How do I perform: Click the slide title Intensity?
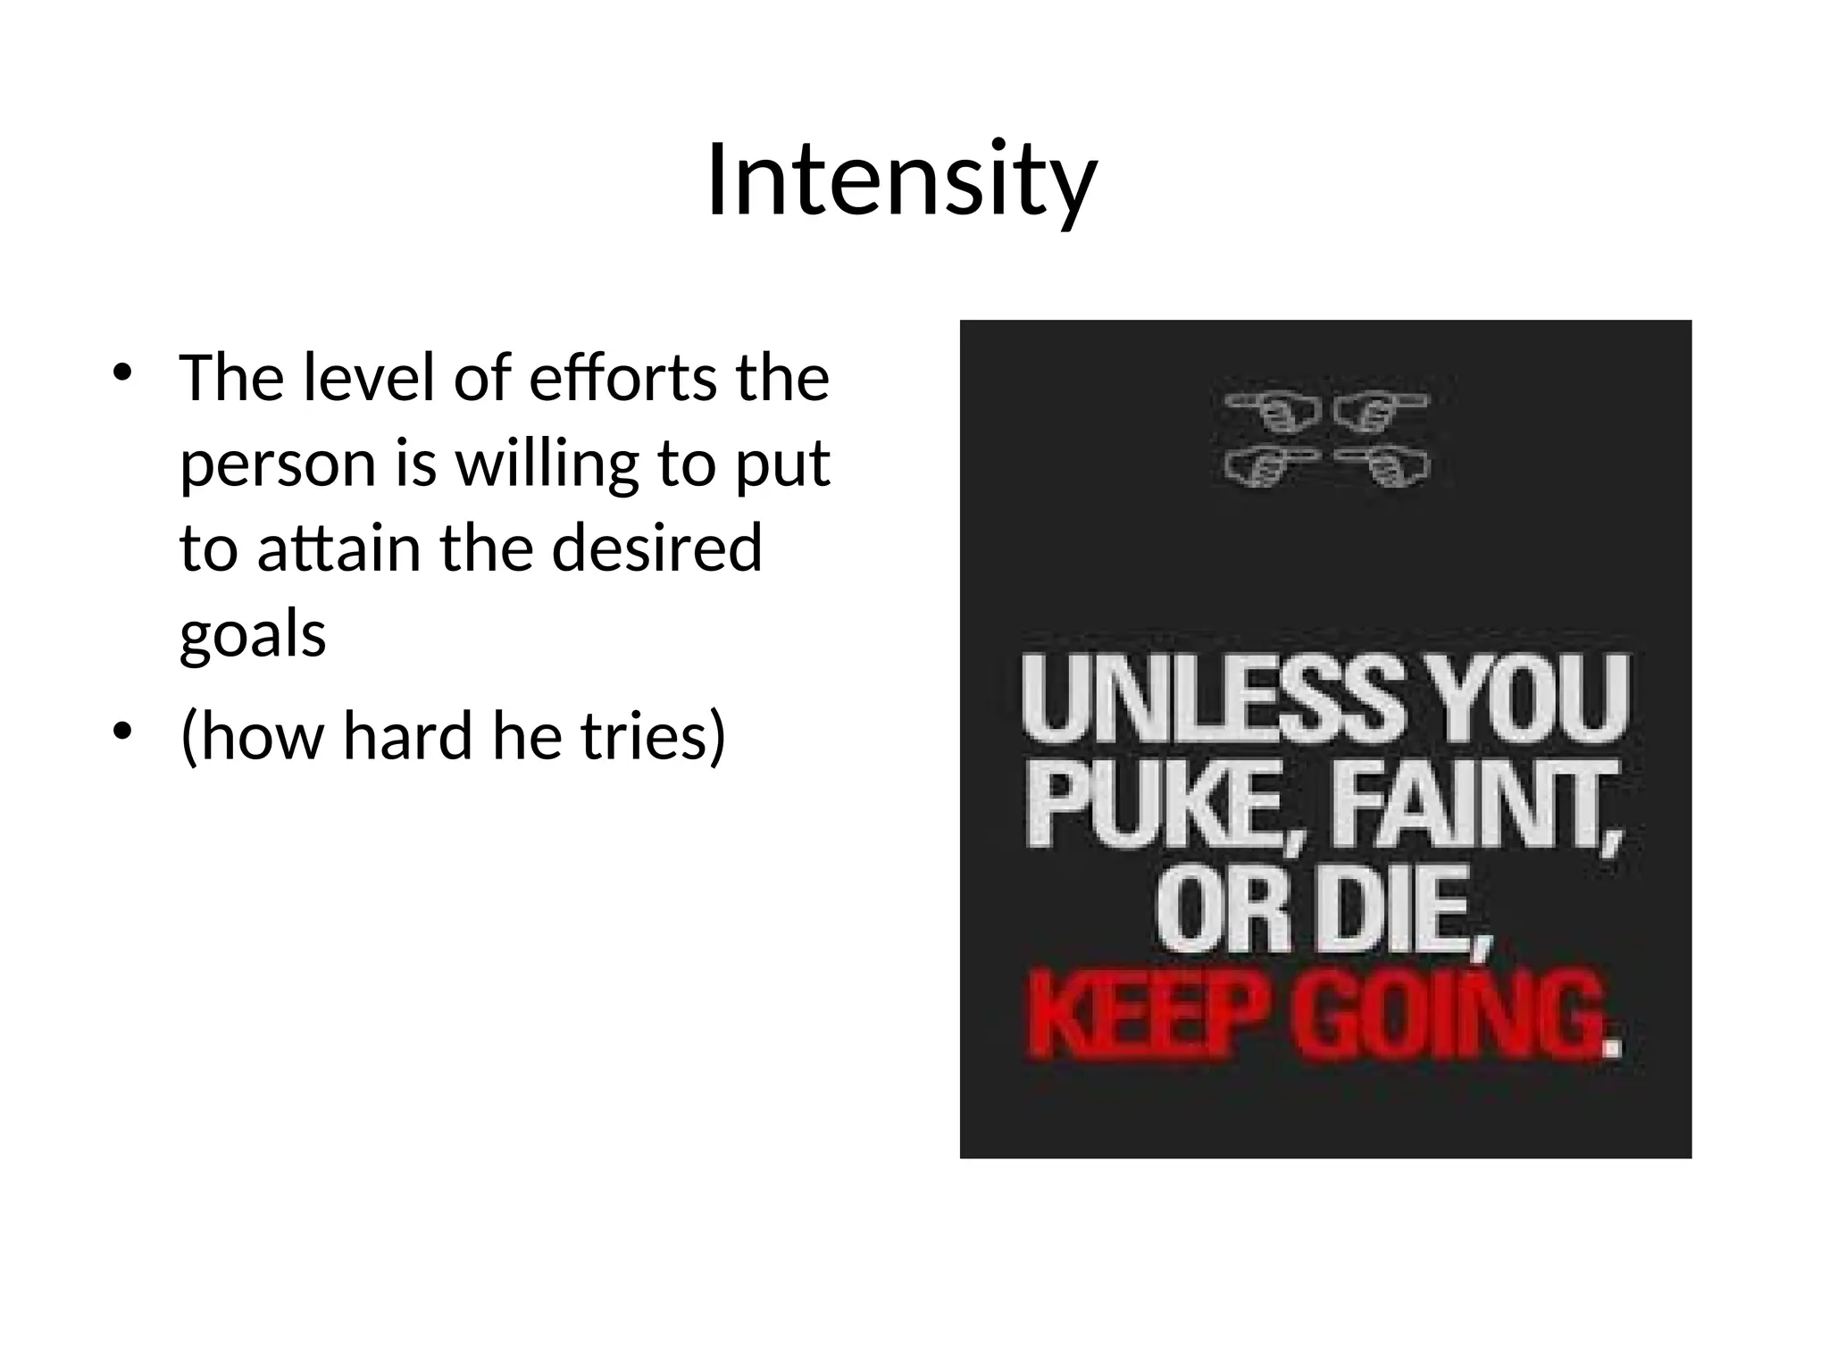(x=901, y=181)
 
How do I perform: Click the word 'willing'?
(x=547, y=465)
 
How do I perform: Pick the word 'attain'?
(x=339, y=548)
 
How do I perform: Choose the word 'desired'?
(x=657, y=548)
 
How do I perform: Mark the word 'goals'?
(x=253, y=636)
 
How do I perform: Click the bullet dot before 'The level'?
(x=122, y=373)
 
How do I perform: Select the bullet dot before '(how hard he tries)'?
(x=122, y=732)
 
